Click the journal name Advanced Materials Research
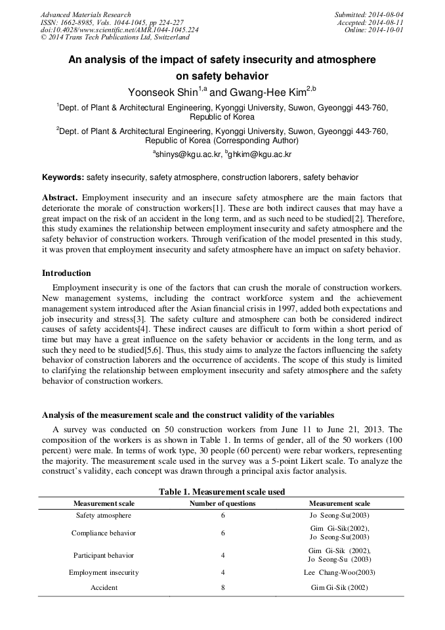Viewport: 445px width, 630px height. pos(86,14)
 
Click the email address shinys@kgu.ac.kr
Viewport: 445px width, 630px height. pos(188,154)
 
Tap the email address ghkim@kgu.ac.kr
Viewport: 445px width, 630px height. pos(259,154)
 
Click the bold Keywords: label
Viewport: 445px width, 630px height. pos(63,177)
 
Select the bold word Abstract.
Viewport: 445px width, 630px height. pos(60,198)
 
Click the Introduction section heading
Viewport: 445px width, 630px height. pos(66,273)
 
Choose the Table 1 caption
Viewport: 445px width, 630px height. pos(222,491)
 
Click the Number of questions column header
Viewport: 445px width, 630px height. pos(222,503)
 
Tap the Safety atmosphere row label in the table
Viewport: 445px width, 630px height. pos(104,515)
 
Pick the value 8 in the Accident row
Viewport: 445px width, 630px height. pos(222,587)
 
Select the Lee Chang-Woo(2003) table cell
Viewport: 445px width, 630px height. pos(339,572)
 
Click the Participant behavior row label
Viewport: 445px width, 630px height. pos(104,555)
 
